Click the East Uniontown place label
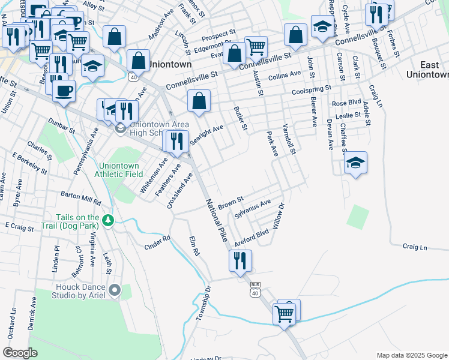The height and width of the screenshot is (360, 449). (x=427, y=70)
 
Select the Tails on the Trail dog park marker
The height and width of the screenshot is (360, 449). (x=108, y=221)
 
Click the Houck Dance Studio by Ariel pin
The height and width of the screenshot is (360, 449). (x=115, y=291)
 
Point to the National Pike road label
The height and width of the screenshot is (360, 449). (x=217, y=220)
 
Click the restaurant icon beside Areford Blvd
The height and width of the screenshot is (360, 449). (x=240, y=260)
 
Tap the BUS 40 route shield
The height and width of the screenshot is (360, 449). (x=255, y=289)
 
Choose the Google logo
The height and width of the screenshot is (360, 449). (x=20, y=353)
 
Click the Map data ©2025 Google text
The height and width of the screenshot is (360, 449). (x=411, y=355)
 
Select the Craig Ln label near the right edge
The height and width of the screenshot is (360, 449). (x=415, y=247)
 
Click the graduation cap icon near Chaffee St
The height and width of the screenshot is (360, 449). (x=355, y=162)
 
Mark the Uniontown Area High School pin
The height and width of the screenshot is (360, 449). (x=120, y=128)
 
